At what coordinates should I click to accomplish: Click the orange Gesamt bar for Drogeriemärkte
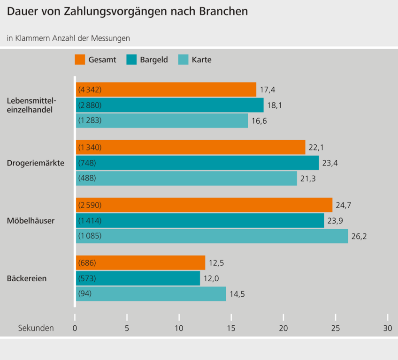point(190,148)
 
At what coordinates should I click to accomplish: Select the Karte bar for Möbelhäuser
point(212,236)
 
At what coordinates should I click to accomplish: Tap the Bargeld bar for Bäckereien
point(138,278)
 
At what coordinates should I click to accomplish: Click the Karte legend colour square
point(183,60)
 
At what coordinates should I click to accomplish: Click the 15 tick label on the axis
point(231,328)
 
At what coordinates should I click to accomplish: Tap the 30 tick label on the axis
point(387,328)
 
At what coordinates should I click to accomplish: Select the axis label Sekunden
point(36,328)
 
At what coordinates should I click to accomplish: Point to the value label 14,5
point(237,294)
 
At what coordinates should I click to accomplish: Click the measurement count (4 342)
point(90,90)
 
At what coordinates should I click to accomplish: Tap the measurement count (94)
point(85,294)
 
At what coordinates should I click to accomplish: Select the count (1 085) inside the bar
point(90,236)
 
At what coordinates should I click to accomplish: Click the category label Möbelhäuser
point(31,221)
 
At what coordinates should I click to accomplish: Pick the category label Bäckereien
point(27,278)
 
